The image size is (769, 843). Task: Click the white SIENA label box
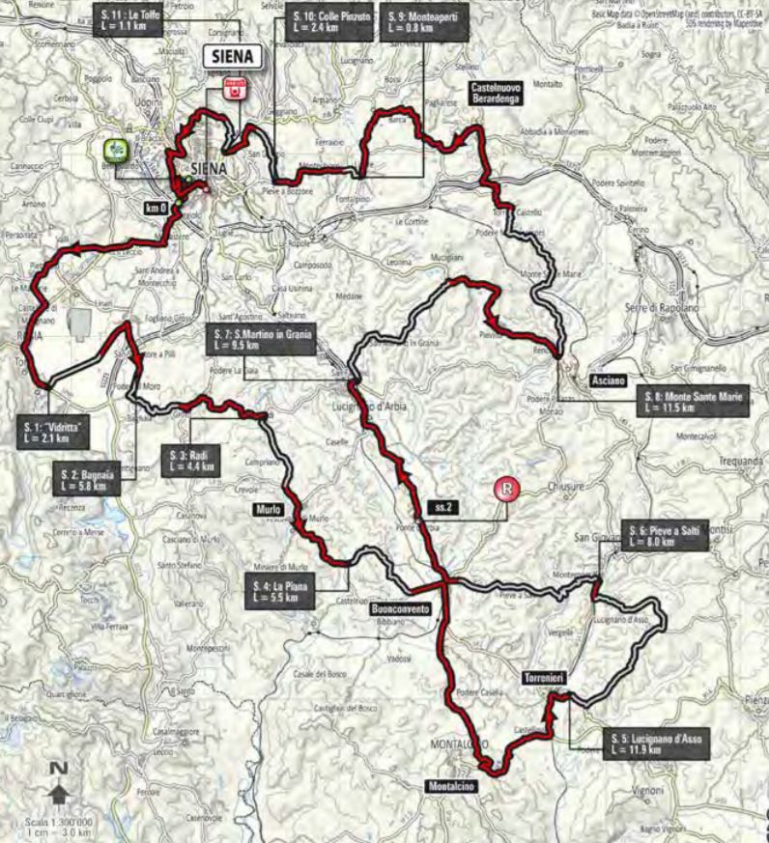[233, 57]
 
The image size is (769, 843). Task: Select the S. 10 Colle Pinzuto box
[329, 21]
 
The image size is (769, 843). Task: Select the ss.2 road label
[439, 506]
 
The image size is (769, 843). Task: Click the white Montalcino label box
[450, 786]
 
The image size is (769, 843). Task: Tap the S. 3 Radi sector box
[190, 459]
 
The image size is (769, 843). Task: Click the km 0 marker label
[155, 207]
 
